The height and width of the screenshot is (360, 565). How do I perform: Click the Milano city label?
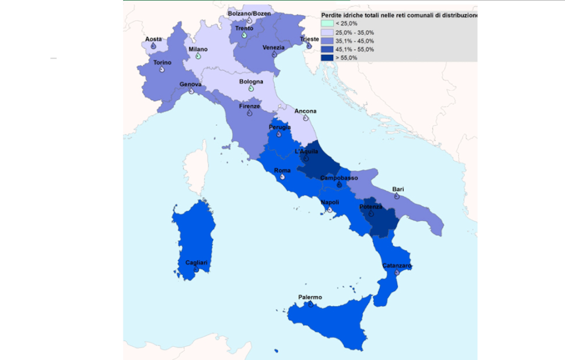(x=197, y=50)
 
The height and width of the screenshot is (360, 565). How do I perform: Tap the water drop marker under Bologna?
(x=251, y=89)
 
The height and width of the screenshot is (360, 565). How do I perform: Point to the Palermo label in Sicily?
(x=310, y=297)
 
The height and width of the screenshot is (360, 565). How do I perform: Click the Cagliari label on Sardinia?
(x=196, y=263)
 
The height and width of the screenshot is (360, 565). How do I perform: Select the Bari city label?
(x=398, y=189)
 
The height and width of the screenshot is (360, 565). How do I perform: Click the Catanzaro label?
(x=397, y=266)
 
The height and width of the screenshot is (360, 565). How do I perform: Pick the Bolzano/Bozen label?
(x=249, y=13)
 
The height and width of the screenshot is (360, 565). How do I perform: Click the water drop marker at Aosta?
(x=153, y=46)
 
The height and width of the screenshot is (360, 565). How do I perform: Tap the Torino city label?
(x=161, y=62)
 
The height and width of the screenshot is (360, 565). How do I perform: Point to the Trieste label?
(x=309, y=39)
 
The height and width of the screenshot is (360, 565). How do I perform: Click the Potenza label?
(x=370, y=207)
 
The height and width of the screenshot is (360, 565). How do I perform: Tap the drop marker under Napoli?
(x=330, y=209)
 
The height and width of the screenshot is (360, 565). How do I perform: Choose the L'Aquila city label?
(x=306, y=151)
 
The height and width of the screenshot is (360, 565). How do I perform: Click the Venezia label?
(x=274, y=47)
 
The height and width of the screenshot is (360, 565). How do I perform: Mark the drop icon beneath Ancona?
(x=306, y=118)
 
